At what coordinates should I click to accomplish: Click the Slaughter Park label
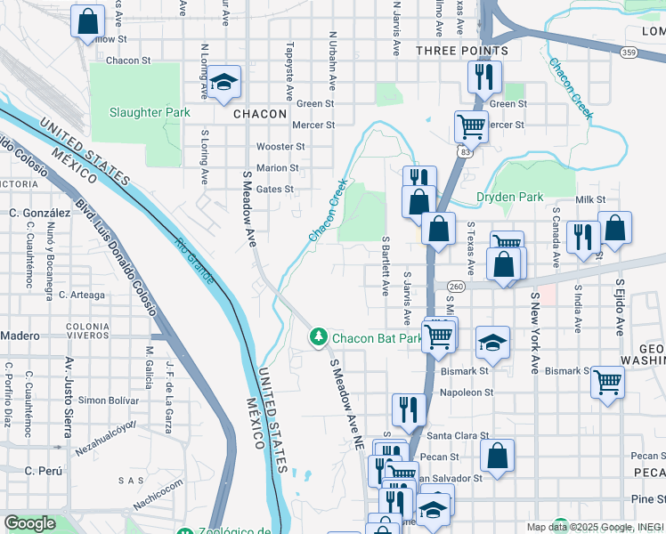click(150, 113)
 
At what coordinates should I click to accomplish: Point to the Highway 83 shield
click(466, 153)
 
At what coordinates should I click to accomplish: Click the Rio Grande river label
click(194, 261)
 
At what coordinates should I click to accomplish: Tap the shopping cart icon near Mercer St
click(470, 125)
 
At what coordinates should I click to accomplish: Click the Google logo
click(29, 523)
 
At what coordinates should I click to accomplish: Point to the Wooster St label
click(280, 146)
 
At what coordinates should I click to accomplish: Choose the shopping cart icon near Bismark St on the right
click(607, 382)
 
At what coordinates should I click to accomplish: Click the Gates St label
click(274, 189)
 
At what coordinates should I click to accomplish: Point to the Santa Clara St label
click(459, 436)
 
